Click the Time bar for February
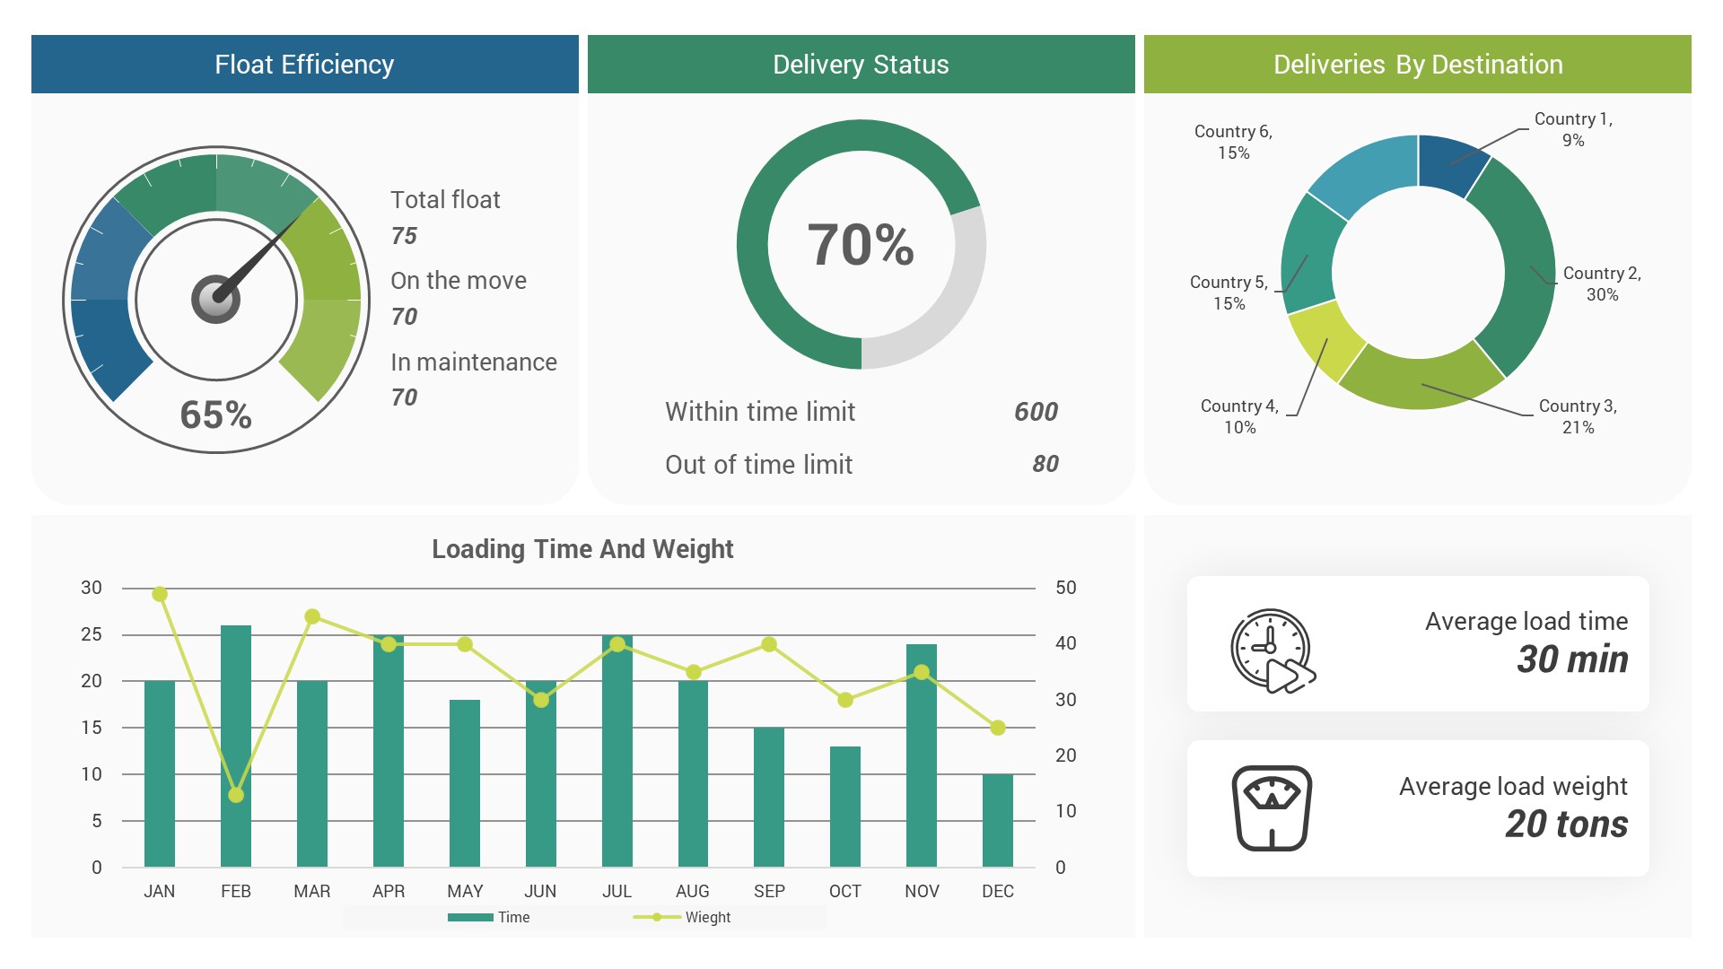click(x=236, y=745)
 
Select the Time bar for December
click(x=997, y=820)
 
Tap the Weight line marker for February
click(x=236, y=795)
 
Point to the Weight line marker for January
click(x=160, y=594)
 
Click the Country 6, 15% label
click(x=1233, y=142)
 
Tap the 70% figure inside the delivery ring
click(x=861, y=245)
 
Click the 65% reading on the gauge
click(x=215, y=415)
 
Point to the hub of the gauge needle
click(x=215, y=299)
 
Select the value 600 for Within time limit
click(x=1036, y=412)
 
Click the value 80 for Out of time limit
click(x=1045, y=464)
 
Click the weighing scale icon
click(x=1272, y=807)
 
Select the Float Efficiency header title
click(x=304, y=65)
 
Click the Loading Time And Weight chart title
click(x=582, y=549)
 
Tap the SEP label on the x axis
click(x=769, y=891)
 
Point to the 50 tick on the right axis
click(x=1065, y=588)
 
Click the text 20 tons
click(x=1566, y=824)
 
